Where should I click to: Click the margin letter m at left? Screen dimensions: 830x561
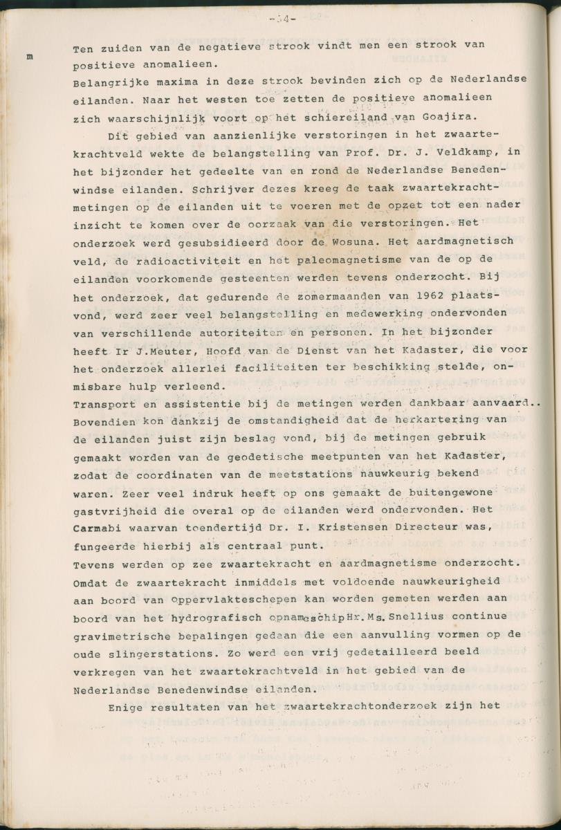(30, 57)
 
